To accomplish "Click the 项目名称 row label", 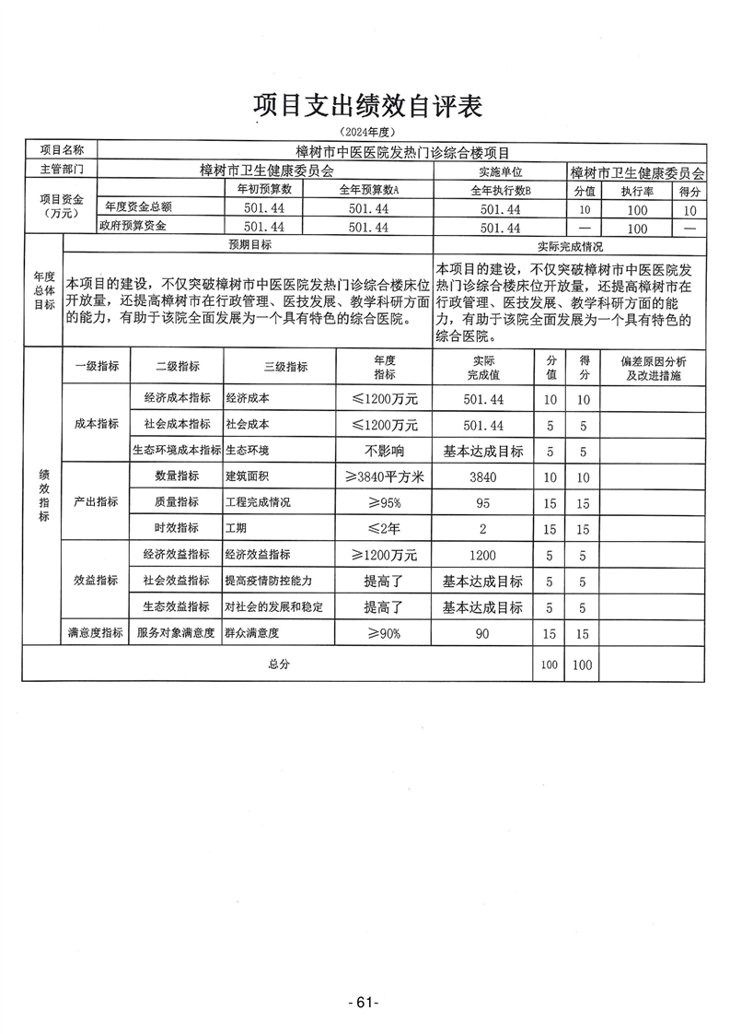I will pos(61,150).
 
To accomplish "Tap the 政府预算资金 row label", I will pos(136,227).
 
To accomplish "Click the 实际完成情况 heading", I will pos(570,247).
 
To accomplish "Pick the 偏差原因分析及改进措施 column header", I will pos(653,369).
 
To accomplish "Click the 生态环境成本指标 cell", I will pos(177,452).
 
